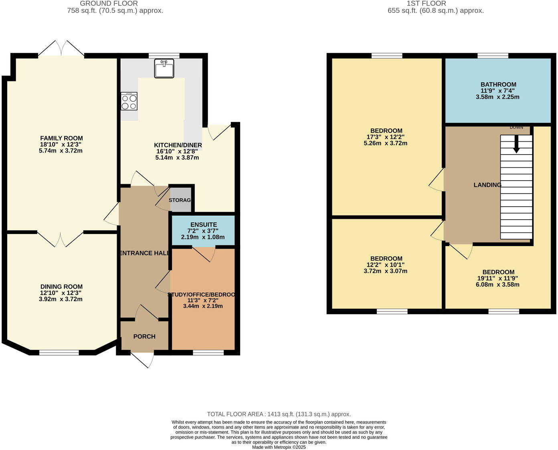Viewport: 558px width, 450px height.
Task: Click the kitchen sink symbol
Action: click(x=164, y=68)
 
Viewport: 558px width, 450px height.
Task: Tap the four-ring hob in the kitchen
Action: click(x=129, y=101)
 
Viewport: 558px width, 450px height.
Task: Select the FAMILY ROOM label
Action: click(x=61, y=138)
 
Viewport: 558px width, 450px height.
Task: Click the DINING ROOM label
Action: click(x=61, y=287)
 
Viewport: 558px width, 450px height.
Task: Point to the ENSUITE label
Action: click(x=204, y=225)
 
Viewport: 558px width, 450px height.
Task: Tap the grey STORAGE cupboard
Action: click(x=180, y=200)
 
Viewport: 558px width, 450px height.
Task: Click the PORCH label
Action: click(x=144, y=336)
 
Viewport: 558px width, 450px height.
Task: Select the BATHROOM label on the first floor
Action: click(x=498, y=84)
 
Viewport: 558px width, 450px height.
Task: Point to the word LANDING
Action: click(x=487, y=185)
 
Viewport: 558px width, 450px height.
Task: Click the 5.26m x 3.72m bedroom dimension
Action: click(x=385, y=143)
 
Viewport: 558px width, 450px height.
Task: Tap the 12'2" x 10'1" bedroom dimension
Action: click(x=385, y=265)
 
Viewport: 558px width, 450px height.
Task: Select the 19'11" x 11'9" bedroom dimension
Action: click(x=498, y=278)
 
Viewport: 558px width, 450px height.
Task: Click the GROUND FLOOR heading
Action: click(x=109, y=4)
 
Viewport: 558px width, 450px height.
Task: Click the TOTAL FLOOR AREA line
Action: click(x=279, y=414)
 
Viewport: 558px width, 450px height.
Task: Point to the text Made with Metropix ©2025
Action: click(x=279, y=447)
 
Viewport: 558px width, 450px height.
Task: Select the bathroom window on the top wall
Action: click(x=493, y=56)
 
